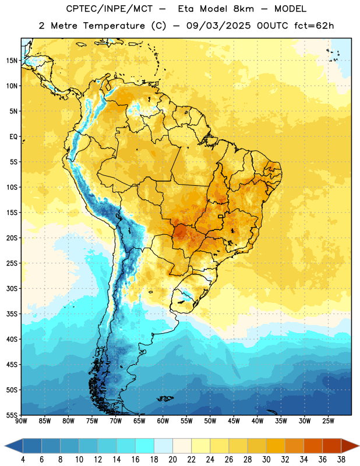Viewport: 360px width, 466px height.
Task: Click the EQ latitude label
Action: tap(13, 137)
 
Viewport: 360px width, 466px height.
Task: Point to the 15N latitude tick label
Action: tap(12, 61)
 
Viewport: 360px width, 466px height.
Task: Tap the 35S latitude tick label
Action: tap(12, 314)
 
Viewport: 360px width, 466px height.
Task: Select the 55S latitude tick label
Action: tap(12, 415)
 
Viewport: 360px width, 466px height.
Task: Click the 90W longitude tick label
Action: tap(21, 421)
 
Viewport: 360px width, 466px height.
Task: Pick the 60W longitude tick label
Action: tap(163, 421)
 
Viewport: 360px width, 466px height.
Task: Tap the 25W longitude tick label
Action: tap(328, 421)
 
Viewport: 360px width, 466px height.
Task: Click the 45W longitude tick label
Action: tap(234, 421)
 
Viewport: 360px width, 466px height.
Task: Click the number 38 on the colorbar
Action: tap(341, 460)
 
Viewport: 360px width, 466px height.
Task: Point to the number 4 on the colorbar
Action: tap(23, 460)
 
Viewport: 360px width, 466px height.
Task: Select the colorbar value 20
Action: tap(172, 460)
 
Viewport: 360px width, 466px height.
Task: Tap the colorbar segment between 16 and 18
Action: tap(144, 446)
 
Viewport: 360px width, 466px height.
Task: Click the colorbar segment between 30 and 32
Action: tap(276, 446)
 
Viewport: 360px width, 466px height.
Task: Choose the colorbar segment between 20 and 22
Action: tap(182, 446)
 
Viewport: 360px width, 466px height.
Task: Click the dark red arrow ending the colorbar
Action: tap(350, 446)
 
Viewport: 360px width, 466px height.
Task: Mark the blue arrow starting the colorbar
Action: tap(14, 446)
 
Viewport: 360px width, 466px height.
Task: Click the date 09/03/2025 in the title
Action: tap(218, 26)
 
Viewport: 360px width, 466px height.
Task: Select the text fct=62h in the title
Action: tap(314, 26)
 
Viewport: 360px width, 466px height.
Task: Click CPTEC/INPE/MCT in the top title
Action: tap(110, 9)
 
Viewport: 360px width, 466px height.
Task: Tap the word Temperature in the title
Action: tap(114, 26)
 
